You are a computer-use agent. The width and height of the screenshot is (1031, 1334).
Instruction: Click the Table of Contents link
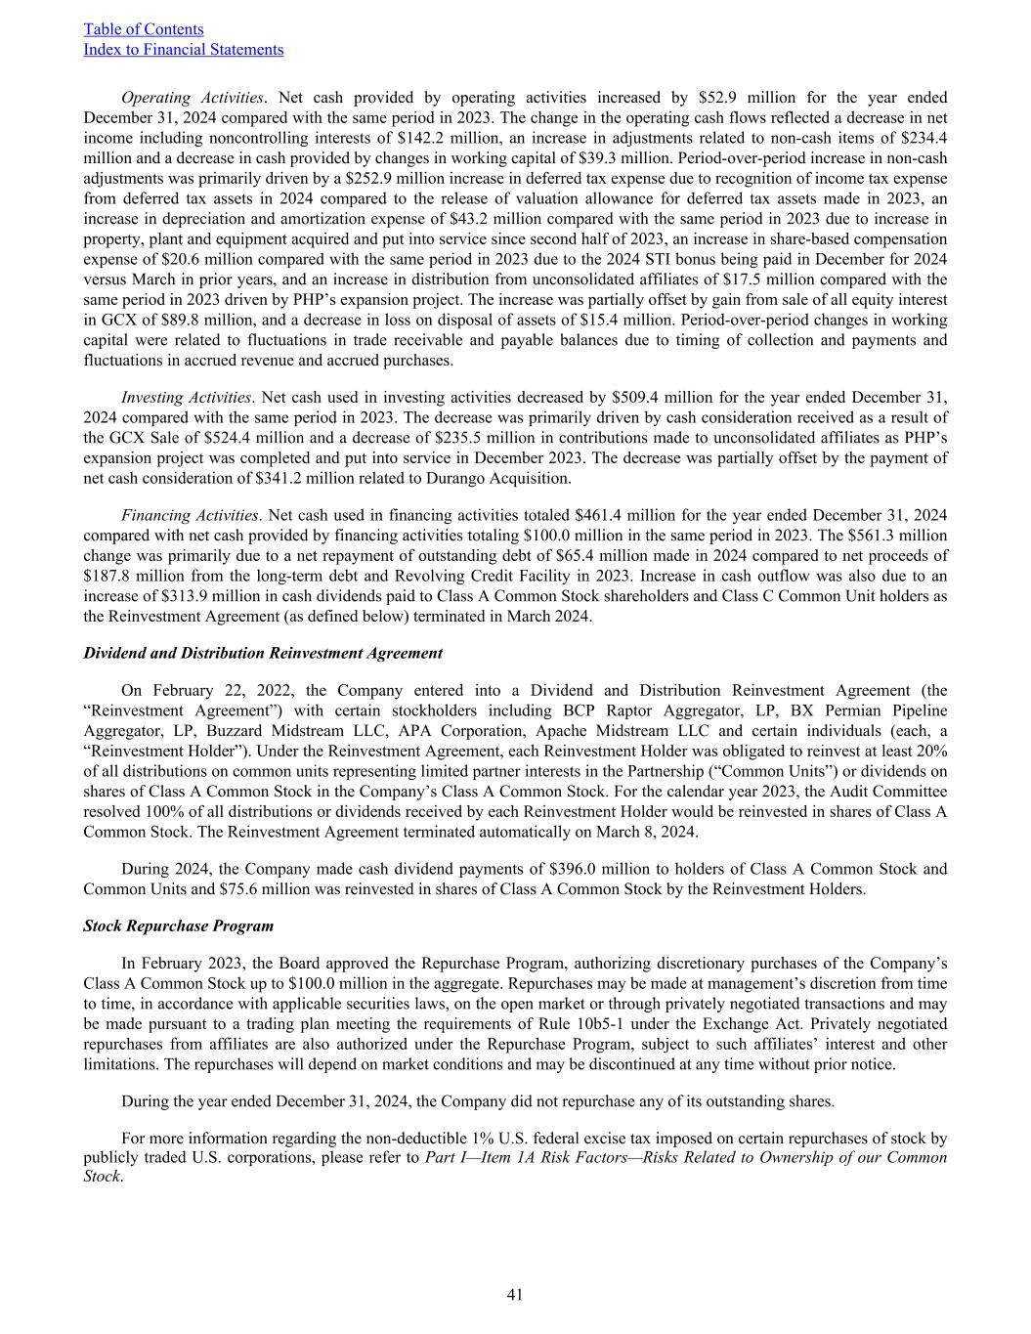click(x=144, y=29)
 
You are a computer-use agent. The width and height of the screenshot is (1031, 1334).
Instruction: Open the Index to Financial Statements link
click(x=184, y=50)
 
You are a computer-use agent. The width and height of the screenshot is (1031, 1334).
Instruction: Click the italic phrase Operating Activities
click(x=192, y=98)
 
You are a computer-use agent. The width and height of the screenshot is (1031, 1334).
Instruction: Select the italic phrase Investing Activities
click(x=186, y=398)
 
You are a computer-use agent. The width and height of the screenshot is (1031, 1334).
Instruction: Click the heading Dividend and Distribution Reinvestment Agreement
click(x=263, y=653)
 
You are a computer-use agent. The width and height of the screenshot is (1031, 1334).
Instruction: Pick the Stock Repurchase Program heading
click(x=179, y=925)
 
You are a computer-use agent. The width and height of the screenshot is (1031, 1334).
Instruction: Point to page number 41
click(x=515, y=1295)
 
